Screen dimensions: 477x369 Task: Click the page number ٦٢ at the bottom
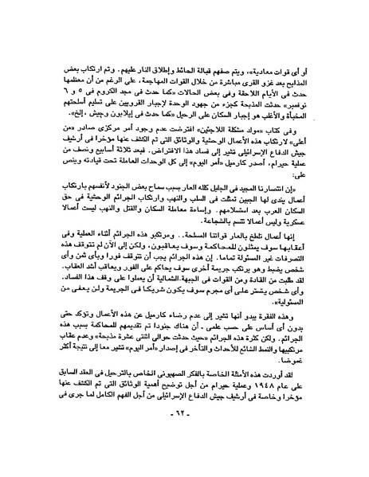(184, 454)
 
